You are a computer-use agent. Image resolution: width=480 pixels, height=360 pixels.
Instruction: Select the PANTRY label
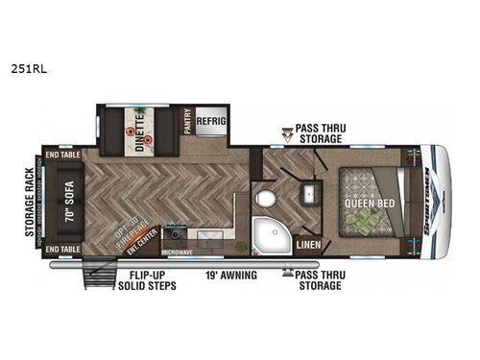(x=188, y=121)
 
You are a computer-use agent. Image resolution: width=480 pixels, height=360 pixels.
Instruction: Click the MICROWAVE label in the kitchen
(x=177, y=253)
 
